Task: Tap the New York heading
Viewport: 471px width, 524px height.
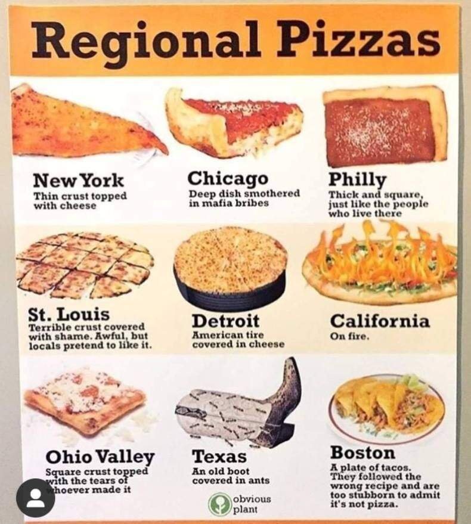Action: coord(79,179)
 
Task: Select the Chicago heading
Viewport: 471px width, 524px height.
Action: coord(228,178)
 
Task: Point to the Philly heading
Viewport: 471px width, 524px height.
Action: coord(357,179)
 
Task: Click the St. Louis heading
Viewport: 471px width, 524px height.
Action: coord(69,314)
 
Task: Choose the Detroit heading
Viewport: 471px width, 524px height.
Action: coord(225,320)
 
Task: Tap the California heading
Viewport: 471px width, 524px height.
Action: coord(379,321)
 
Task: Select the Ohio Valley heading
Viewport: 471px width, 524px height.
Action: coord(100,457)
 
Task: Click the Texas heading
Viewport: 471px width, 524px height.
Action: coord(219,457)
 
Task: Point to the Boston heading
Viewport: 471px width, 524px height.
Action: coord(362,452)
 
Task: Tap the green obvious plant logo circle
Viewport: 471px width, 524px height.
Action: coord(219,504)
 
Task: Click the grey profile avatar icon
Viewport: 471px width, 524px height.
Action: coord(35,498)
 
